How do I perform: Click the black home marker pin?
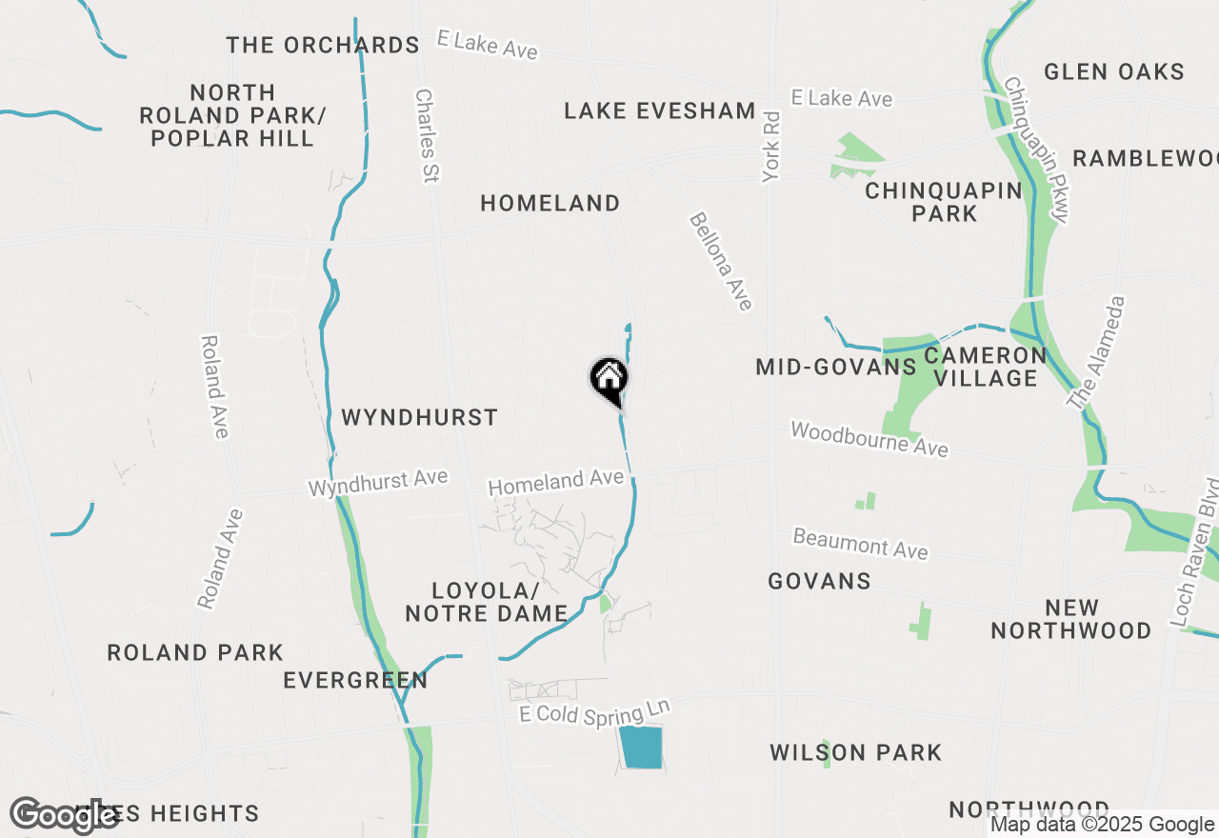[609, 380]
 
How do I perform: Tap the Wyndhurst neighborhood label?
[419, 417]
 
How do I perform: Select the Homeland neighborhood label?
[550, 203]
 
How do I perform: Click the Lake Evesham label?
[659, 110]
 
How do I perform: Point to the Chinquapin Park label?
[943, 202]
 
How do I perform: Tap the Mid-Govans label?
[835, 367]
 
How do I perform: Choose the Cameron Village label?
[986, 367]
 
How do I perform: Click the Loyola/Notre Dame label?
[487, 602]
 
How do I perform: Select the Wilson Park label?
[855, 753]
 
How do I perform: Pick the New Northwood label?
[1071, 619]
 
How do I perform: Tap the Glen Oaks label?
[1113, 71]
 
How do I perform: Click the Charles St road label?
[425, 135]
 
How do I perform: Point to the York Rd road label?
[770, 147]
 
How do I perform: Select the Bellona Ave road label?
[721, 261]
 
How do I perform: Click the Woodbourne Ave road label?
[869, 439]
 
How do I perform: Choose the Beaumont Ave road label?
[860, 544]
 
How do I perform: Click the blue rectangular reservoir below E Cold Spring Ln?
[640, 748]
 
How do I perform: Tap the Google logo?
[63, 815]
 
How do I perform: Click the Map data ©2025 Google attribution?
[1102, 825]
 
